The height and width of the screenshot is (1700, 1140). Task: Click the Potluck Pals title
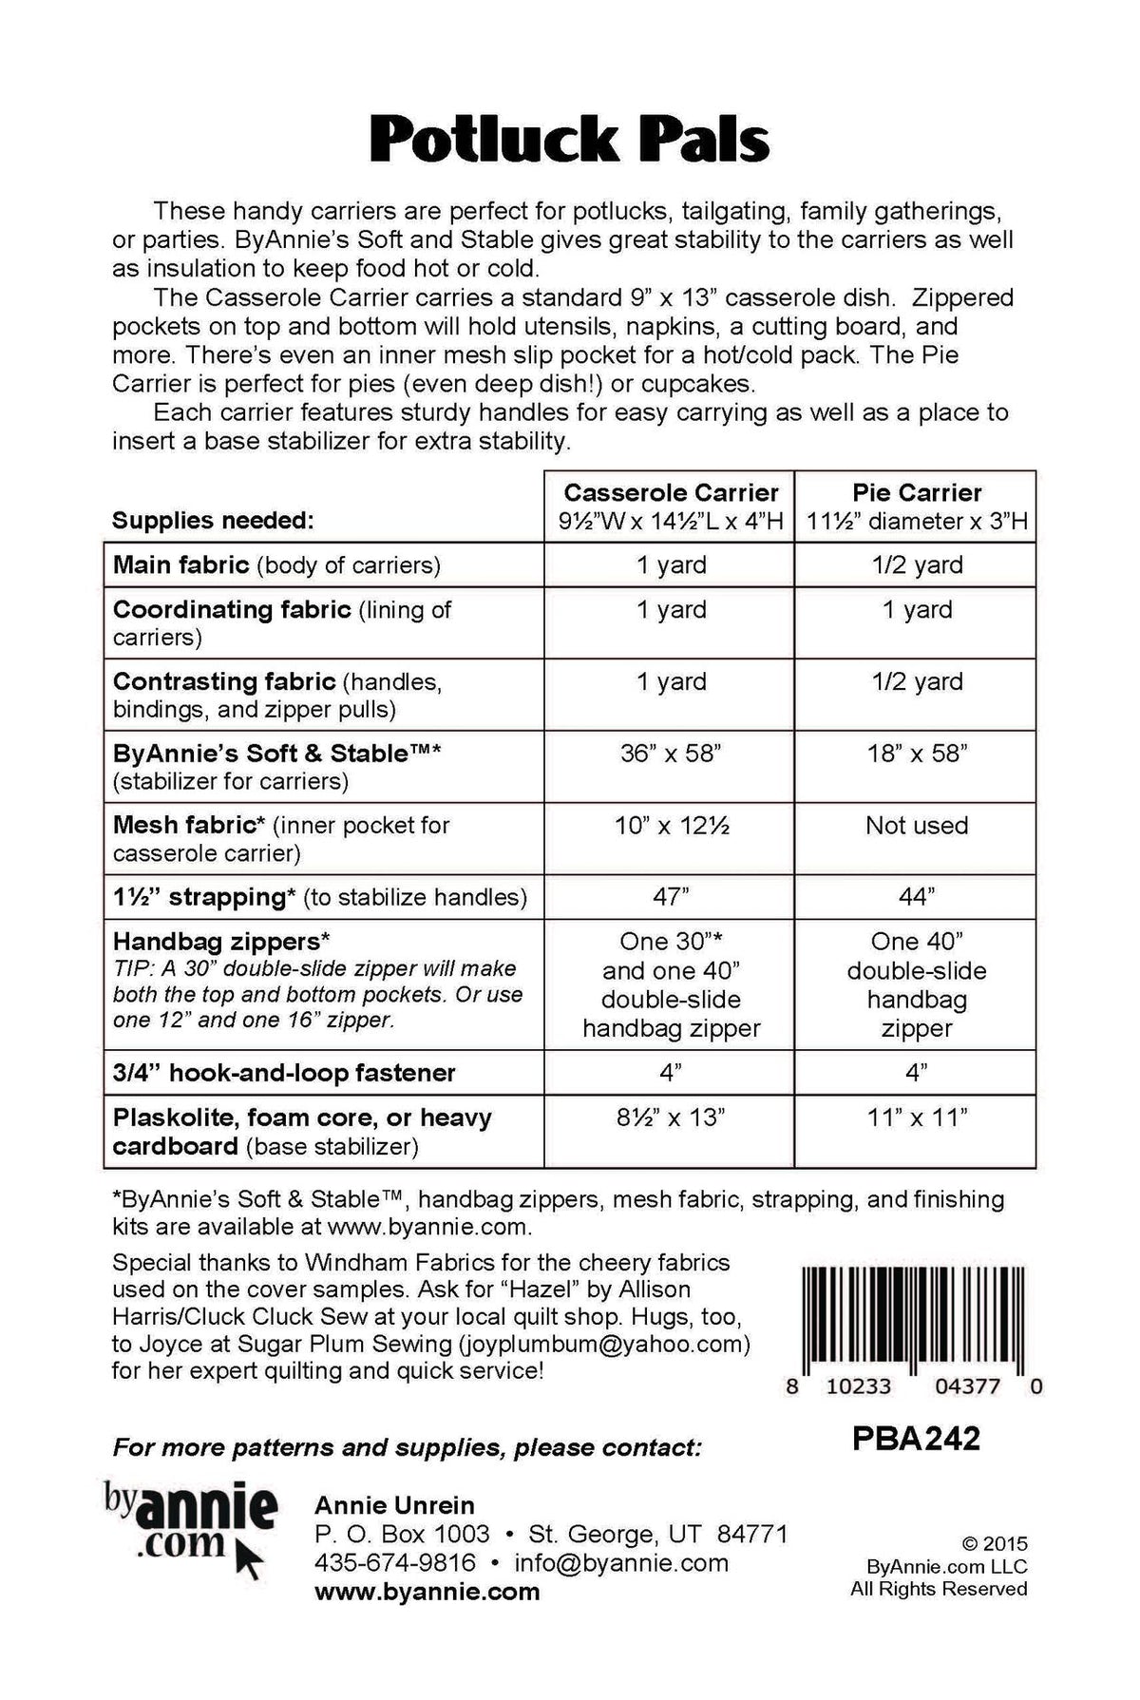pos(569,141)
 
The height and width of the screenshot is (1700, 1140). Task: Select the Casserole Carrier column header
pos(671,493)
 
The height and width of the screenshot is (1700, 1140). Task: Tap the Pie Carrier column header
pos(917,493)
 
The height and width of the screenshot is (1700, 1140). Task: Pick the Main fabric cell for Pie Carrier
pos(917,565)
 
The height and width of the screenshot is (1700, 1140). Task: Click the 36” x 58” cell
pos(671,754)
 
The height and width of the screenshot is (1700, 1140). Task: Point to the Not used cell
pos(917,826)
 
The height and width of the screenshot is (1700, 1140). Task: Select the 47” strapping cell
pos(671,897)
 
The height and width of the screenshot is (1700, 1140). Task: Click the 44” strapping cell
pos(917,897)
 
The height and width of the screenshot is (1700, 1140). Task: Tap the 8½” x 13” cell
pos(671,1117)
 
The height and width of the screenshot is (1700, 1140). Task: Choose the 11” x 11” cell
pos(917,1117)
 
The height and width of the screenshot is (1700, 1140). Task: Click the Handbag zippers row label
pos(221,942)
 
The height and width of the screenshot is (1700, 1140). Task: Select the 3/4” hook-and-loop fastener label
pos(284,1073)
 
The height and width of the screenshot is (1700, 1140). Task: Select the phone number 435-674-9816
pos(395,1563)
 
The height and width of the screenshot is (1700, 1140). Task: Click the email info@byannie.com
pos(621,1563)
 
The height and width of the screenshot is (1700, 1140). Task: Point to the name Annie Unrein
pos(394,1505)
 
